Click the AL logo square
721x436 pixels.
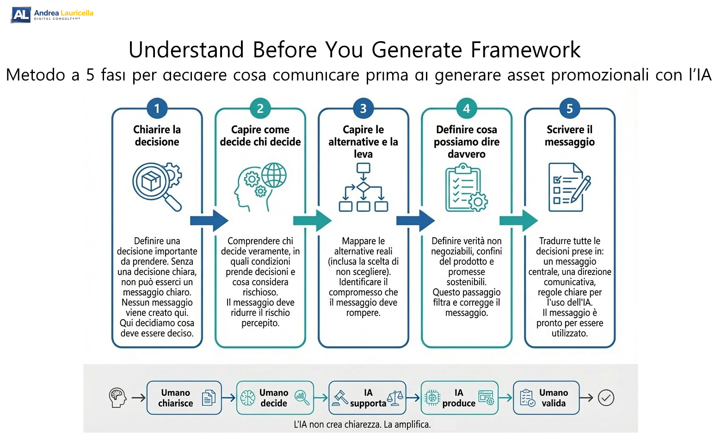[x=21, y=15]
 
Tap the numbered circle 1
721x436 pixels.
[x=157, y=109]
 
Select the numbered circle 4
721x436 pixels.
[x=466, y=109]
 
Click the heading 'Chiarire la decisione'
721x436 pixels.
[x=157, y=136]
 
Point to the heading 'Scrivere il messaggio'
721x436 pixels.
[x=569, y=136]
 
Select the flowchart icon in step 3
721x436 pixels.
[x=363, y=187]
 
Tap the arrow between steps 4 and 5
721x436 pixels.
[x=518, y=221]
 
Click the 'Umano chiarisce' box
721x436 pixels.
[x=184, y=398]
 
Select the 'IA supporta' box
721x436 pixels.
[x=367, y=398]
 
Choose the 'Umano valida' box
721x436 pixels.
[x=546, y=398]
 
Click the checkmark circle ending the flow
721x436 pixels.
[x=606, y=398]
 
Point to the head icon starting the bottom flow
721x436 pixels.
[x=117, y=398]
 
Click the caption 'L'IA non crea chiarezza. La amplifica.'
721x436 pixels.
[x=362, y=424]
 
